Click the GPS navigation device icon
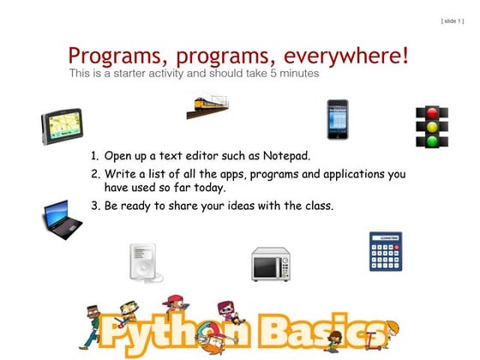pos(63,128)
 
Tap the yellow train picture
pos(209,107)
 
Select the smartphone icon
pos(337,119)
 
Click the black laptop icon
pos(63,219)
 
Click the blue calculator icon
pos(385,251)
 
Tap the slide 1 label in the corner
pos(453,20)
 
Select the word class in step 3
pos(316,206)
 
